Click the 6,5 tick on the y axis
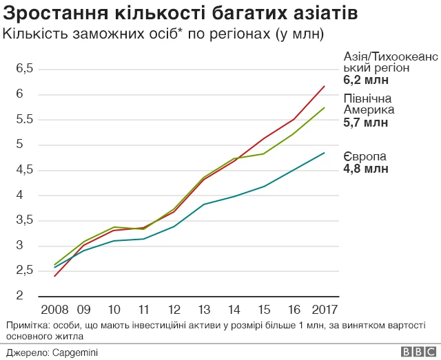pos(25,68)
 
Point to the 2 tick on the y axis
pos(20,296)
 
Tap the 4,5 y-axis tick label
pos(25,169)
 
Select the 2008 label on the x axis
pos(54,309)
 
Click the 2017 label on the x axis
pos(324,309)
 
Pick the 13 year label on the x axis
pos(204,309)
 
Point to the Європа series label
pos(365,156)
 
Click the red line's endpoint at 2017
pos(325,86)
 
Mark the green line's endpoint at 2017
pos(325,107)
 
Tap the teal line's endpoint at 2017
pos(325,153)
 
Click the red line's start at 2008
pos(54,276)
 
